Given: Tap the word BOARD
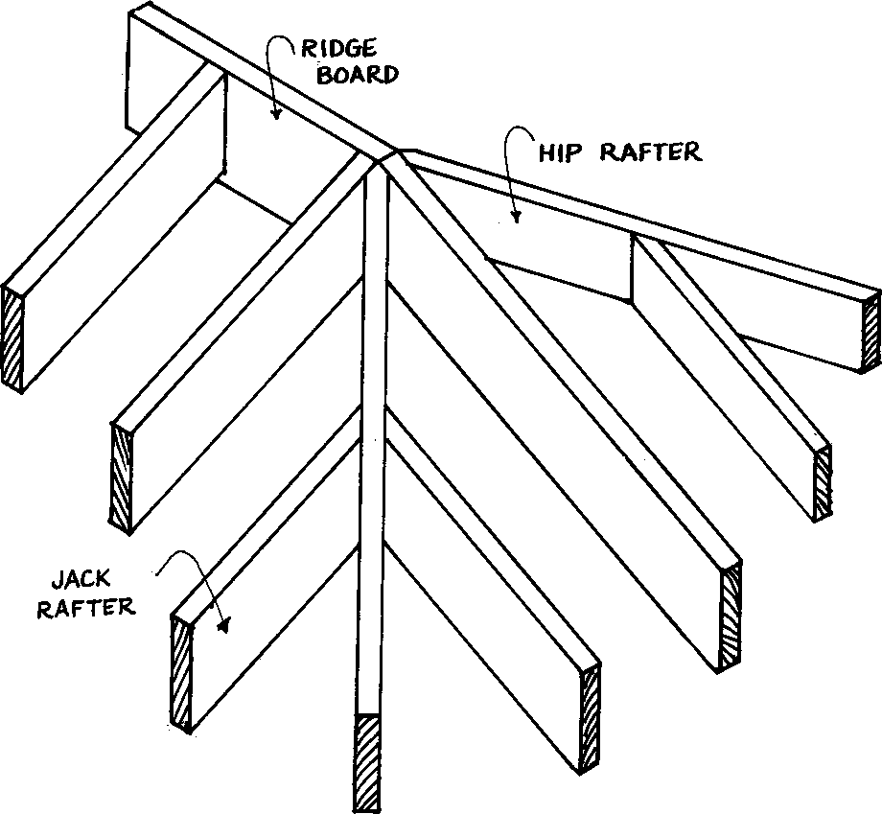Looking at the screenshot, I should point(362,75).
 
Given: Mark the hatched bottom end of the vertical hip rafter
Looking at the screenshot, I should point(369,762).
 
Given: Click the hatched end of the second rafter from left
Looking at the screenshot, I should point(123,479).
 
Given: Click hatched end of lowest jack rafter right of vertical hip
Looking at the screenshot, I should point(591,719).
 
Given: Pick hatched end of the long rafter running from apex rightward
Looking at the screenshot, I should point(731,616).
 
